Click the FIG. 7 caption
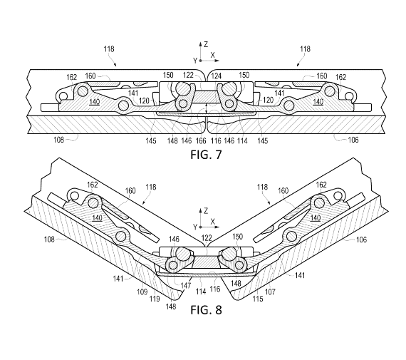coord(206,155)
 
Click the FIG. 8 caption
coord(206,309)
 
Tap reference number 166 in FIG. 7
coord(201,140)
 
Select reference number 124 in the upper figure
coord(217,76)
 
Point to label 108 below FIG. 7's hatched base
coord(59,140)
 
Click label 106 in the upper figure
coord(353,140)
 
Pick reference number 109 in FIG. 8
coord(142,292)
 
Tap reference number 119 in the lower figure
coord(155,299)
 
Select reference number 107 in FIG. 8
coord(270,292)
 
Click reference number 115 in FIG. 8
coord(258,299)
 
